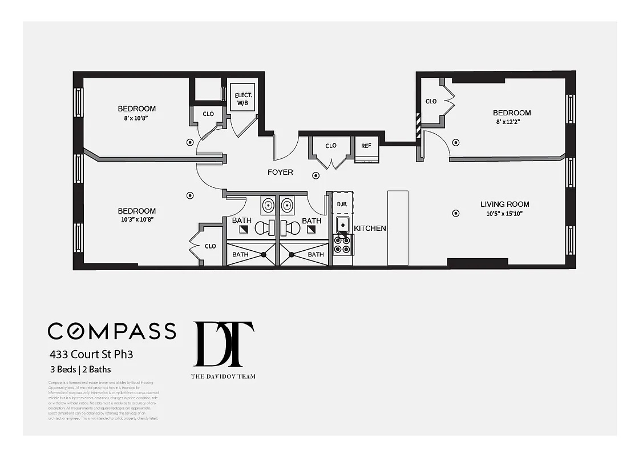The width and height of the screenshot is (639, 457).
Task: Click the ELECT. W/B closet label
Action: click(244, 99)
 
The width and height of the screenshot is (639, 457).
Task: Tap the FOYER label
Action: click(280, 172)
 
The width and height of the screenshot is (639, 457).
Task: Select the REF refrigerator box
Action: click(366, 146)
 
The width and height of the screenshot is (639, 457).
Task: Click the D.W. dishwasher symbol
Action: click(342, 204)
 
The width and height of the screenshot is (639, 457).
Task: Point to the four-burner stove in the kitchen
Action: click(342, 244)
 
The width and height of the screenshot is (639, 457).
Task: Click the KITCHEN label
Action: click(370, 228)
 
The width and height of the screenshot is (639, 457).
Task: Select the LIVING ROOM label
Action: click(504, 204)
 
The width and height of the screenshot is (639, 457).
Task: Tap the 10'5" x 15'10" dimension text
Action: click(502, 214)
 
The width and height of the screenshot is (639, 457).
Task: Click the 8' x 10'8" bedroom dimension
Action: click(137, 118)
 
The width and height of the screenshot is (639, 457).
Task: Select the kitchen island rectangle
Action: click(398, 228)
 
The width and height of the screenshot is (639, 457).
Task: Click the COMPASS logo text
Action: click(112, 331)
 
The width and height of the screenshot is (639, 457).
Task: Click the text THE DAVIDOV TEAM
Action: click(223, 376)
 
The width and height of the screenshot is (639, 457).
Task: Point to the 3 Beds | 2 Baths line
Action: click(79, 370)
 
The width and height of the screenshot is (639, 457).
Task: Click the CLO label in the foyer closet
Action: click(331, 146)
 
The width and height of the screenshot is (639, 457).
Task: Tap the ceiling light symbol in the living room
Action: click(455, 213)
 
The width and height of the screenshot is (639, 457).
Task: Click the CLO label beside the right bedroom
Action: click(431, 101)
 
